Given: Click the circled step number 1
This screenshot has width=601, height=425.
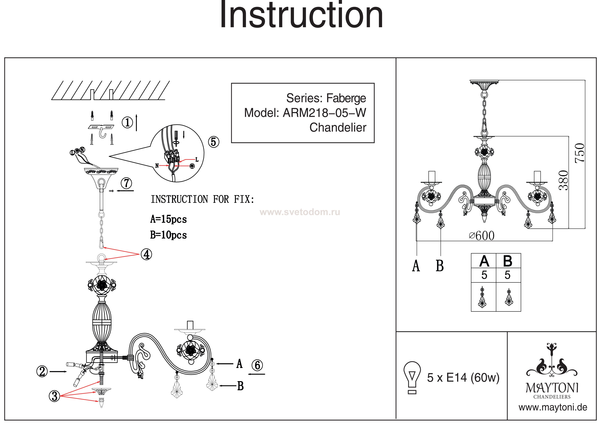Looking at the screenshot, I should click(127, 122).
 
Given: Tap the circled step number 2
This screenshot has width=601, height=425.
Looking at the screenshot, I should click(42, 371).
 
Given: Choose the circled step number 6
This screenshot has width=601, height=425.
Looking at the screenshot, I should click(257, 365).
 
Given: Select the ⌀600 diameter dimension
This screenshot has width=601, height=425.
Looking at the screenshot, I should click(482, 236).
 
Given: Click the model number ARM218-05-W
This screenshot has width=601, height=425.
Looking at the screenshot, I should click(324, 113).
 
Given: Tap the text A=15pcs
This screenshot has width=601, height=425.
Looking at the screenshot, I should click(168, 219).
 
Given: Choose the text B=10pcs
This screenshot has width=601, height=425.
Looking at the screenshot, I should click(168, 235).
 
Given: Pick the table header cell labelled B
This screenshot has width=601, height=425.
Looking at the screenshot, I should click(508, 261).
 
